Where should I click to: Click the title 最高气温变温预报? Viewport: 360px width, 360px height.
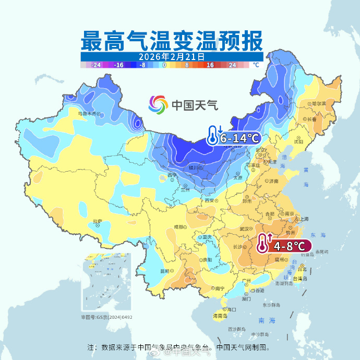[x=172, y=40]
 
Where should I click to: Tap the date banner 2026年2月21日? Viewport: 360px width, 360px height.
[x=172, y=56]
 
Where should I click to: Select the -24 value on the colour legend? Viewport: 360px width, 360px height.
[x=96, y=65]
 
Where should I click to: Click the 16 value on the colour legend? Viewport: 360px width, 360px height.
[x=210, y=65]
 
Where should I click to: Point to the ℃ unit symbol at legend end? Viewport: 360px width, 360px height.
[x=256, y=65]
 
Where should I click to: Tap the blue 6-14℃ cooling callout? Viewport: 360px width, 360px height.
[x=239, y=138]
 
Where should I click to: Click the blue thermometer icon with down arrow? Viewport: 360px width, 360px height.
[x=213, y=135]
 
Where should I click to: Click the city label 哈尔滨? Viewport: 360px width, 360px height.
[x=318, y=104]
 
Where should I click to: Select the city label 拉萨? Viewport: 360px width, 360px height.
[x=97, y=221]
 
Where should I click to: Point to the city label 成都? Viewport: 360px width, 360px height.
[x=179, y=227]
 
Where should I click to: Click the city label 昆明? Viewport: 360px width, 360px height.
[x=165, y=271]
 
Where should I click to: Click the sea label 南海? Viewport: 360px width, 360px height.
[x=265, y=320]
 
